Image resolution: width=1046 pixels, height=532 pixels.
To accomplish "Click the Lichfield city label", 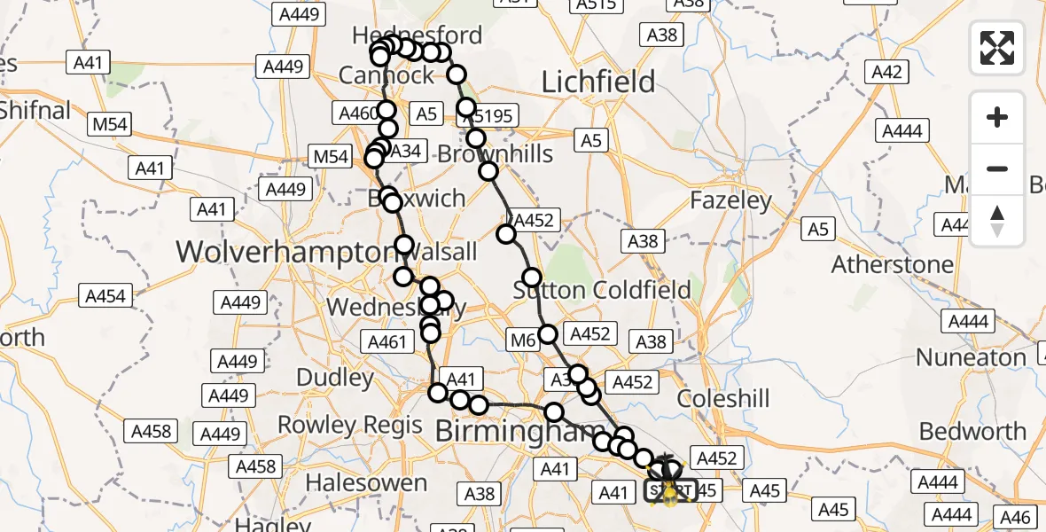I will (598, 82).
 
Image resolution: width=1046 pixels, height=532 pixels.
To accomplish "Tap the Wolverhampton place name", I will (281, 252).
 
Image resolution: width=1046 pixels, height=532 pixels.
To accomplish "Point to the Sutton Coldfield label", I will (602, 290).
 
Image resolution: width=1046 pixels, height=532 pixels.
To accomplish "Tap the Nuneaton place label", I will (971, 357).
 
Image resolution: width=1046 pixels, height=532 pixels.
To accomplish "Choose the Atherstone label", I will (893, 264).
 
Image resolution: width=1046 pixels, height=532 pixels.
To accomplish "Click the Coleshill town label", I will (723, 399).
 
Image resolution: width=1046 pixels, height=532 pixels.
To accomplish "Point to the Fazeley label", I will (731, 200).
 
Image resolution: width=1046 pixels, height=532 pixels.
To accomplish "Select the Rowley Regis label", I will (350, 425).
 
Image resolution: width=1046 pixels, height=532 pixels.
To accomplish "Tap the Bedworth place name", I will (972, 432).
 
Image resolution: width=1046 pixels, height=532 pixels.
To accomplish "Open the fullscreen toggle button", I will (997, 48).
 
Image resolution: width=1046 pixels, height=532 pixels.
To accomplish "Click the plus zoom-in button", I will (997, 117).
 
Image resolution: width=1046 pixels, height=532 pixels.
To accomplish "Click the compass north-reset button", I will (997, 221).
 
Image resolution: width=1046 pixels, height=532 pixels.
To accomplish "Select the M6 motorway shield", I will (524, 340).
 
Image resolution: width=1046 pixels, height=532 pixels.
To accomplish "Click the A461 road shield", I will (386, 342).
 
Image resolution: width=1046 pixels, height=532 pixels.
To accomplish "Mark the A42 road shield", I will (887, 73).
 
